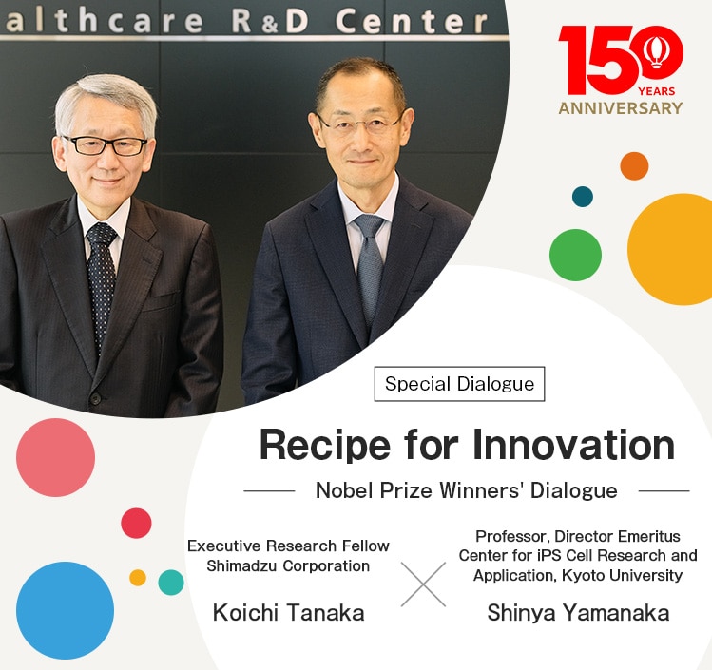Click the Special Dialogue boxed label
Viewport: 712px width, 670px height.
click(459, 384)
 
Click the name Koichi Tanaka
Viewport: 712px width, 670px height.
click(288, 613)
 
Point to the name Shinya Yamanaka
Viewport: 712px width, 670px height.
click(578, 613)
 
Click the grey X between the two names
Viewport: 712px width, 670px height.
click(423, 584)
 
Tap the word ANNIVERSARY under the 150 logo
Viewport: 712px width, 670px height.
click(620, 108)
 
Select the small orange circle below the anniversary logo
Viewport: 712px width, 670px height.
click(634, 166)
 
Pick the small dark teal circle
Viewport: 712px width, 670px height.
click(583, 197)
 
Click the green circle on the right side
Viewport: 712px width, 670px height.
click(575, 255)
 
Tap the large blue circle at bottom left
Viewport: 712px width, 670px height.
click(65, 610)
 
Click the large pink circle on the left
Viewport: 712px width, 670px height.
click(55, 457)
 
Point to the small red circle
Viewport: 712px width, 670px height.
click(136, 523)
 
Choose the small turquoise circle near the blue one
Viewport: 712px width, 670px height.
click(171, 583)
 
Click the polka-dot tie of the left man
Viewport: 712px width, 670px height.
click(101, 276)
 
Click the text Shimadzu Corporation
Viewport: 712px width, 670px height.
click(288, 566)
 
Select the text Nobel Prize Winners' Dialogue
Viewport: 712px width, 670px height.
click(466, 490)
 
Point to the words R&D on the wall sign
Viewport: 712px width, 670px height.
click(272, 20)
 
